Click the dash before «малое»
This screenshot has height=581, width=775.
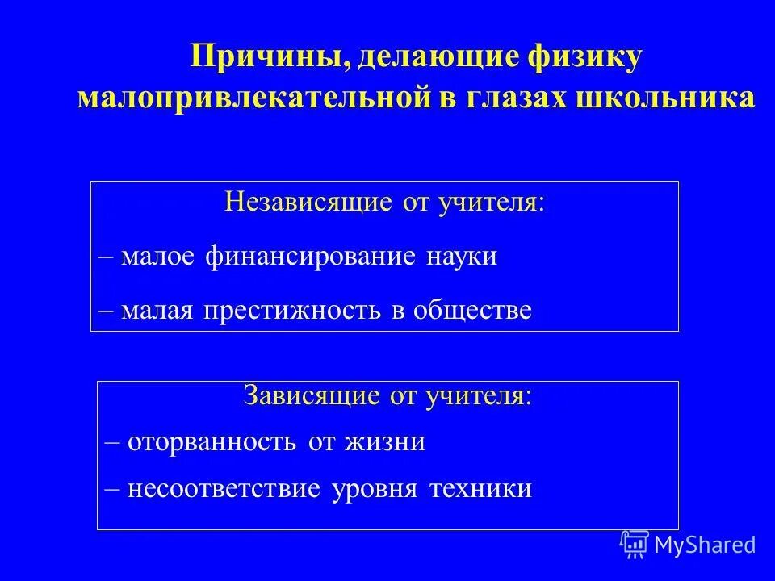pos(104,258)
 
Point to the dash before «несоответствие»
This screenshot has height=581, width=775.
pos(112,490)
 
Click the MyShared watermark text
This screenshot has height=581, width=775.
pos(705,545)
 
